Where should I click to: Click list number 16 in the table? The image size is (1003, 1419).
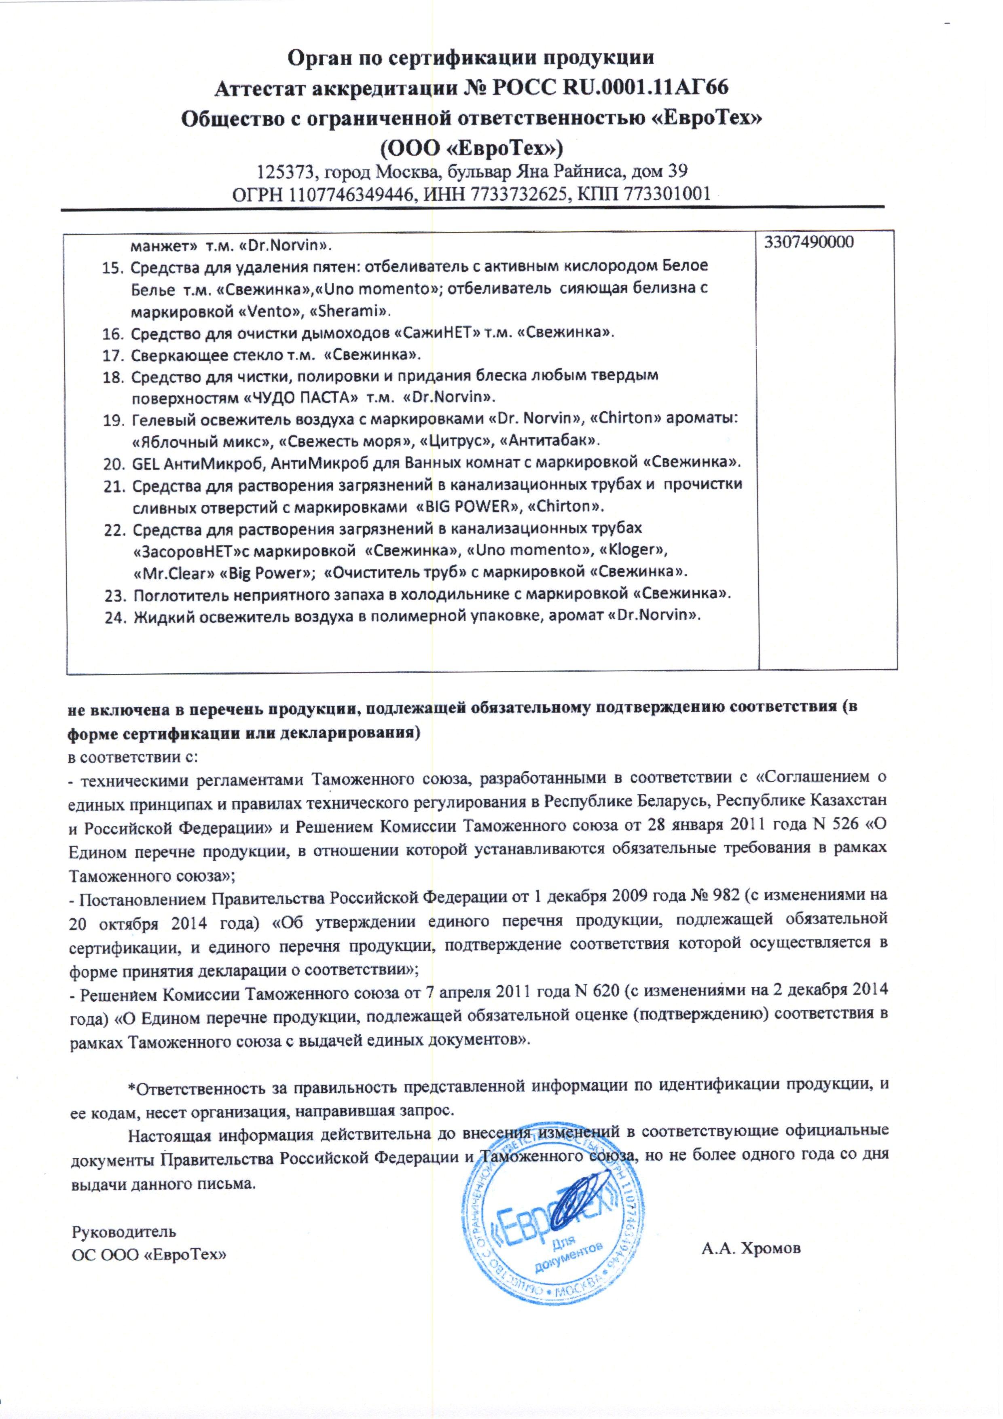pos(114,334)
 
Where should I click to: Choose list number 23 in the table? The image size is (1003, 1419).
pos(116,594)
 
